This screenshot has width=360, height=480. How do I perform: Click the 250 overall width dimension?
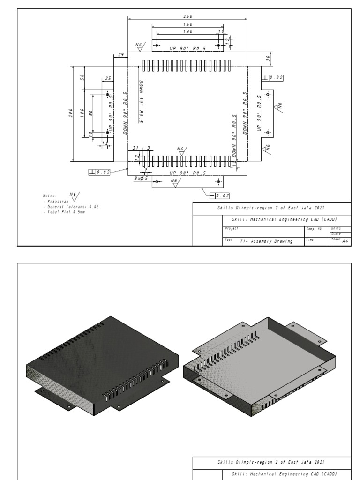coord(188,16)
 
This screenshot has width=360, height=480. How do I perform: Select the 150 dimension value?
coord(188,24)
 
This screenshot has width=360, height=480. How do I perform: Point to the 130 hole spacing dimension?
coord(188,31)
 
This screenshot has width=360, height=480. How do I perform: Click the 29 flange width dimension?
coord(120,55)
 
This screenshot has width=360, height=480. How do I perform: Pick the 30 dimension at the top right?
coord(268,58)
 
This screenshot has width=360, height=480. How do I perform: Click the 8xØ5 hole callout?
coord(141,179)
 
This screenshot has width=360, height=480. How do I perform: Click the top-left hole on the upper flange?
coord(157,45)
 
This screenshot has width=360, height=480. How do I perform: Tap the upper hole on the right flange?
coord(268,95)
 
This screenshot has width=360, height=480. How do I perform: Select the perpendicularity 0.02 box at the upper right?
coord(273,78)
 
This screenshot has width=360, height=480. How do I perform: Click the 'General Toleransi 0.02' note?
coord(70,206)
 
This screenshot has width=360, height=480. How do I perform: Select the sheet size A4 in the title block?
coord(346,241)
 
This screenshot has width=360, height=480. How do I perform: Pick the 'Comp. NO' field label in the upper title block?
coord(313,229)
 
